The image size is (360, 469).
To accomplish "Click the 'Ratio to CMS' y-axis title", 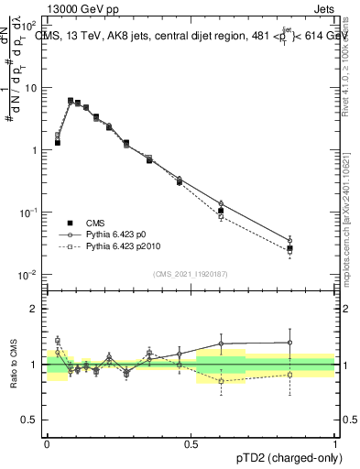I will (15, 365).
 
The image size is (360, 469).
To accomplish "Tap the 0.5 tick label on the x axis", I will (191, 442).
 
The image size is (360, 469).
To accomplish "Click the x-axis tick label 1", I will (335, 442).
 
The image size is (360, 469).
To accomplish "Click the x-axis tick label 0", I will (48, 442).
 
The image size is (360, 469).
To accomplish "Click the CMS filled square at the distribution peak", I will (71, 101).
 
